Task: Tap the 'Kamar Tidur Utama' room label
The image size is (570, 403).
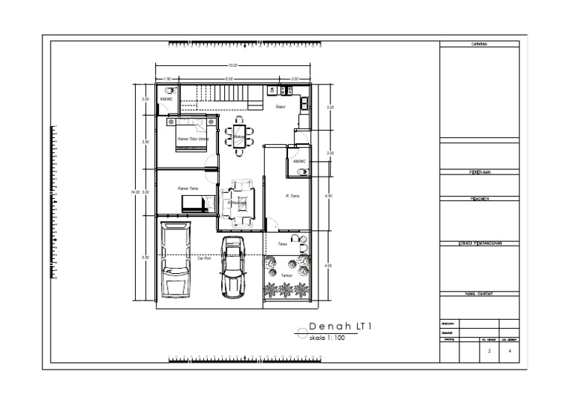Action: [x=193, y=139]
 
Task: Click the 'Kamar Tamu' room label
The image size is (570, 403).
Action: [x=188, y=189]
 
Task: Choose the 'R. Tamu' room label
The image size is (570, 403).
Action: [x=292, y=196]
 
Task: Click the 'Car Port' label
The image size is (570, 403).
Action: [x=205, y=259]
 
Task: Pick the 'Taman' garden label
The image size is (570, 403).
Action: [x=286, y=275]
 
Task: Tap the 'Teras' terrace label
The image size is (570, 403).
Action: [x=282, y=243]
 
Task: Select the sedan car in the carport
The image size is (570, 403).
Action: [x=233, y=267]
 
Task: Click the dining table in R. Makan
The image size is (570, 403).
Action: [x=239, y=136]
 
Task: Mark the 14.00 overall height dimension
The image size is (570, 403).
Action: [x=134, y=192]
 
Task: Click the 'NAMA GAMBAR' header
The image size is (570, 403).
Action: [x=479, y=293]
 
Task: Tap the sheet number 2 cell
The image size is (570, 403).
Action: [x=489, y=352]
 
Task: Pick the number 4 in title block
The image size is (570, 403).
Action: [x=509, y=352]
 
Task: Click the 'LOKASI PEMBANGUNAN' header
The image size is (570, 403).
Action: [x=479, y=243]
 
